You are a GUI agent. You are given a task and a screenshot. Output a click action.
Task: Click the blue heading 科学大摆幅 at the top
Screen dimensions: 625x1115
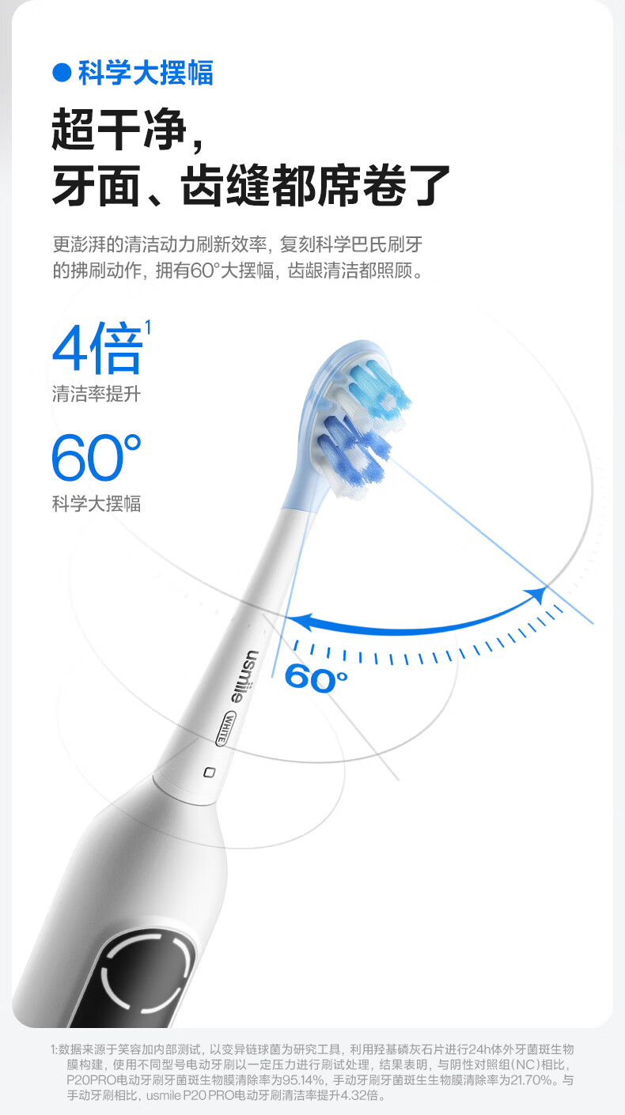pyautogui.click(x=146, y=74)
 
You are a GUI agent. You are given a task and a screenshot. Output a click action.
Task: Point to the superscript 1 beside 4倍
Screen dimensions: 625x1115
pyautogui.click(x=148, y=326)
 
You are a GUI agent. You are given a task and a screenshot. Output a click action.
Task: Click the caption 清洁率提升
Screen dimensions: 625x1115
pyautogui.click(x=97, y=393)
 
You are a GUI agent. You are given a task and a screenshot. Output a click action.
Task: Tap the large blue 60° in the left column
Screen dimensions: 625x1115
pyautogui.click(x=97, y=458)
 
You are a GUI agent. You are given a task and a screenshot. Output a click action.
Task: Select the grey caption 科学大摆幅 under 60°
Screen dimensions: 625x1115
pyautogui.click(x=97, y=504)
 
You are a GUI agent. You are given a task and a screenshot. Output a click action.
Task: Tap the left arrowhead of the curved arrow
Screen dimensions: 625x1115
pyautogui.click(x=294, y=622)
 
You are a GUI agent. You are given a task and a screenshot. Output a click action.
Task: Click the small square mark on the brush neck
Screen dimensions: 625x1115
pyautogui.click(x=209, y=771)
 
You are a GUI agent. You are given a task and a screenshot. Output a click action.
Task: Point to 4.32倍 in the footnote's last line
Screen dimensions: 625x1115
pyautogui.click(x=361, y=1096)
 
